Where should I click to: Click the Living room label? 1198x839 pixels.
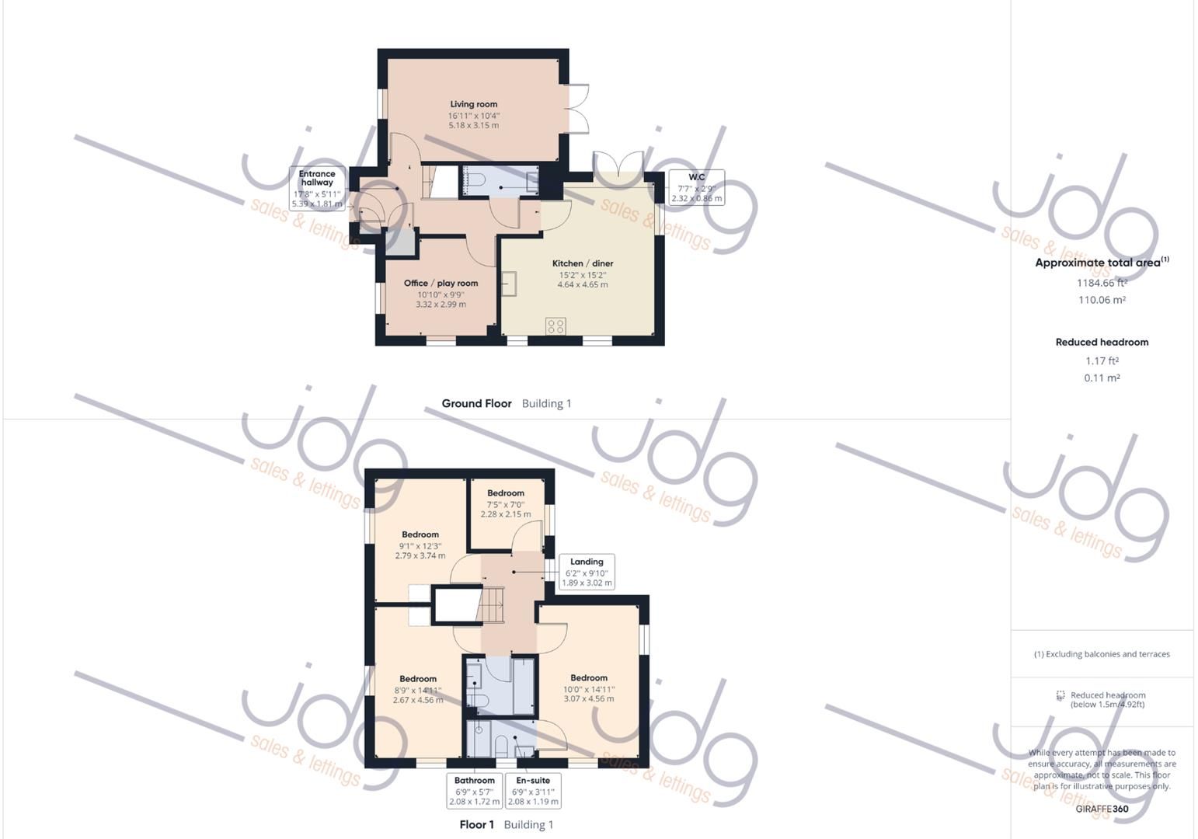473,104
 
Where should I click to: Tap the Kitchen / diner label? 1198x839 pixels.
583,263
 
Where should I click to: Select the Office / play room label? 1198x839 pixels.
441,283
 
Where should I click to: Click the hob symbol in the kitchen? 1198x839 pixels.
555,326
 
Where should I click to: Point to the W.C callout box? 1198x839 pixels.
696,187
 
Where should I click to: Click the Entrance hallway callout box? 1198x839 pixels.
317,189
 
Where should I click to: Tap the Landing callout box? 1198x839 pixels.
587,572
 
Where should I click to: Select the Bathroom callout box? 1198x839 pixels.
474,790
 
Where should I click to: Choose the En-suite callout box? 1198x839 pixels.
532,790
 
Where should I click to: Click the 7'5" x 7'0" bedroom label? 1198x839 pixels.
506,493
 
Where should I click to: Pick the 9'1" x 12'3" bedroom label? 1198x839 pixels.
420,534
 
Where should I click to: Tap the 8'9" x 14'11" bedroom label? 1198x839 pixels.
418,678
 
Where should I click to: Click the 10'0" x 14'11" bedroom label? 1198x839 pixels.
589,677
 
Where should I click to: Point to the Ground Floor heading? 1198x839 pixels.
476,403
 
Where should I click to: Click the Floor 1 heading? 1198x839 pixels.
477,824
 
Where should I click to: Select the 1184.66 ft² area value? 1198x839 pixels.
1102,283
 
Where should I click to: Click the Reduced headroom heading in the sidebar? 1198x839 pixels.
1102,342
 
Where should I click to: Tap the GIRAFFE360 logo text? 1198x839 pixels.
1102,809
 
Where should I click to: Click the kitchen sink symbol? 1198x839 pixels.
510,284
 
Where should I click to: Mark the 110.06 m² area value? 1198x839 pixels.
1102,300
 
